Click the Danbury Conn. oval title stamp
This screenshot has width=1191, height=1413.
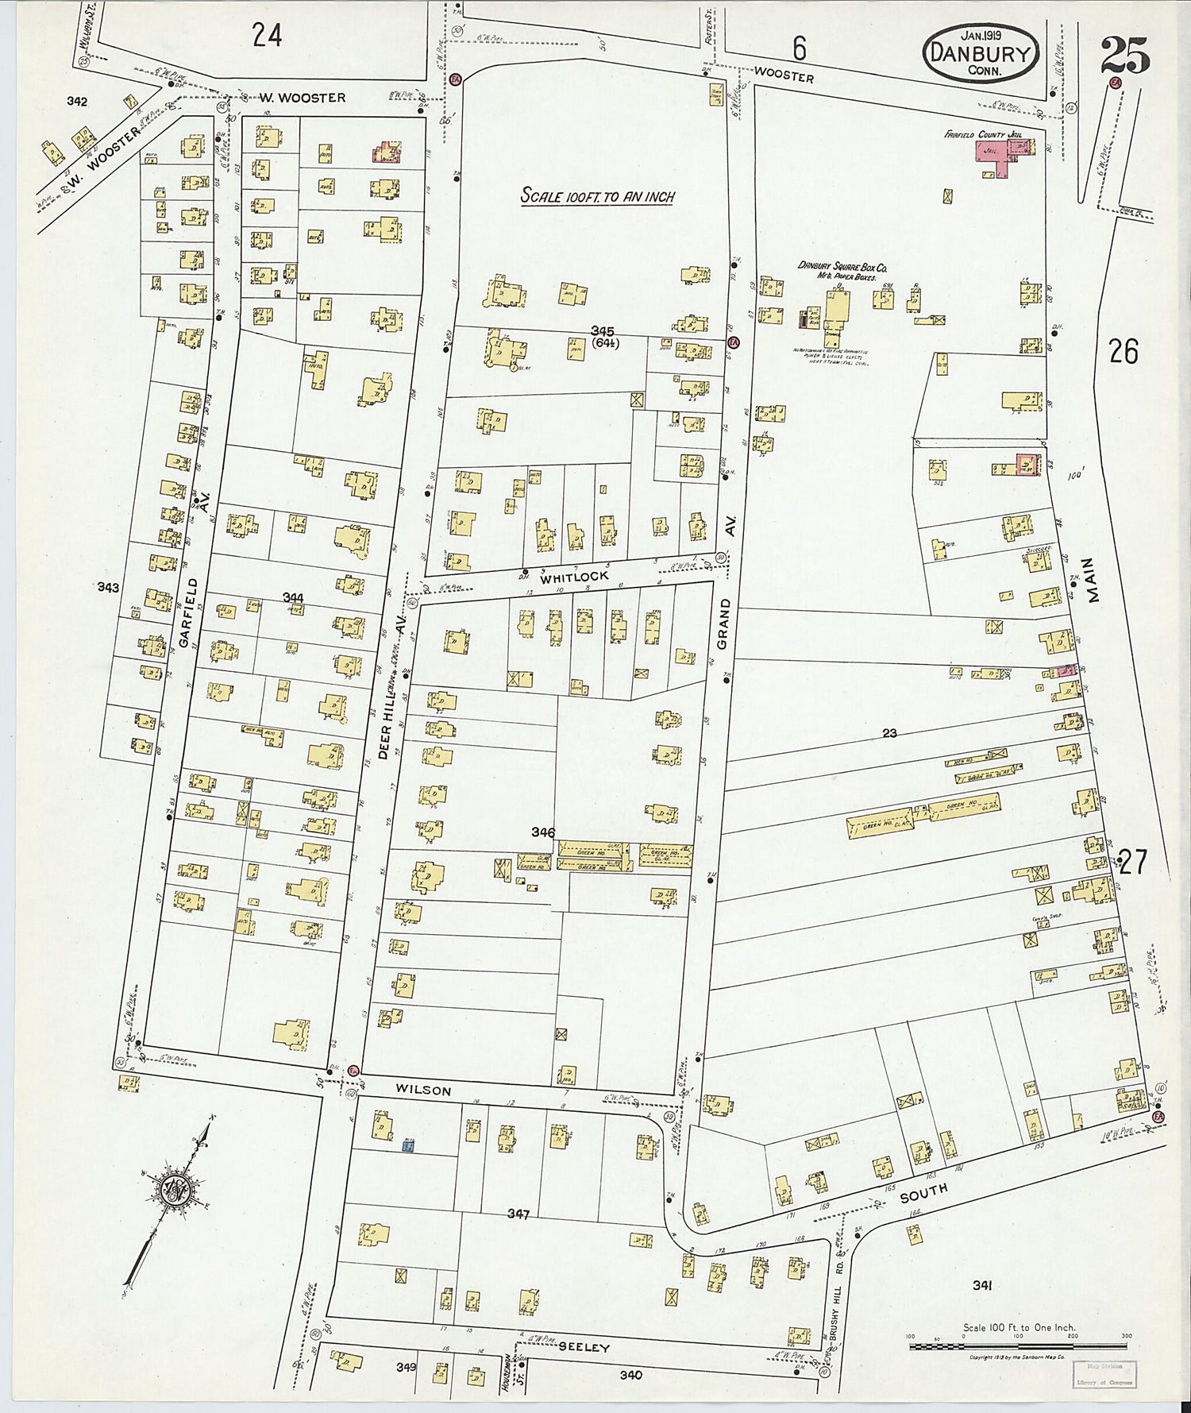(x=981, y=52)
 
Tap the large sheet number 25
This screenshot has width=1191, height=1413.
(x=1125, y=56)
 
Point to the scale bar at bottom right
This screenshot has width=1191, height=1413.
(x=1019, y=1346)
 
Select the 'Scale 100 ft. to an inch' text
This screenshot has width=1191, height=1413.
(x=597, y=195)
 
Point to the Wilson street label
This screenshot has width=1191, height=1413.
(x=424, y=1091)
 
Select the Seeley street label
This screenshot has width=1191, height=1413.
(x=584, y=1348)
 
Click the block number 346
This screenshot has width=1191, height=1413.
(x=543, y=832)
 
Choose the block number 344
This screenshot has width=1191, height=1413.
(x=292, y=596)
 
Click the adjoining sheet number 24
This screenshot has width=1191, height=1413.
(x=267, y=35)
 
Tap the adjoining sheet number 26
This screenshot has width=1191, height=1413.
(x=1124, y=350)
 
